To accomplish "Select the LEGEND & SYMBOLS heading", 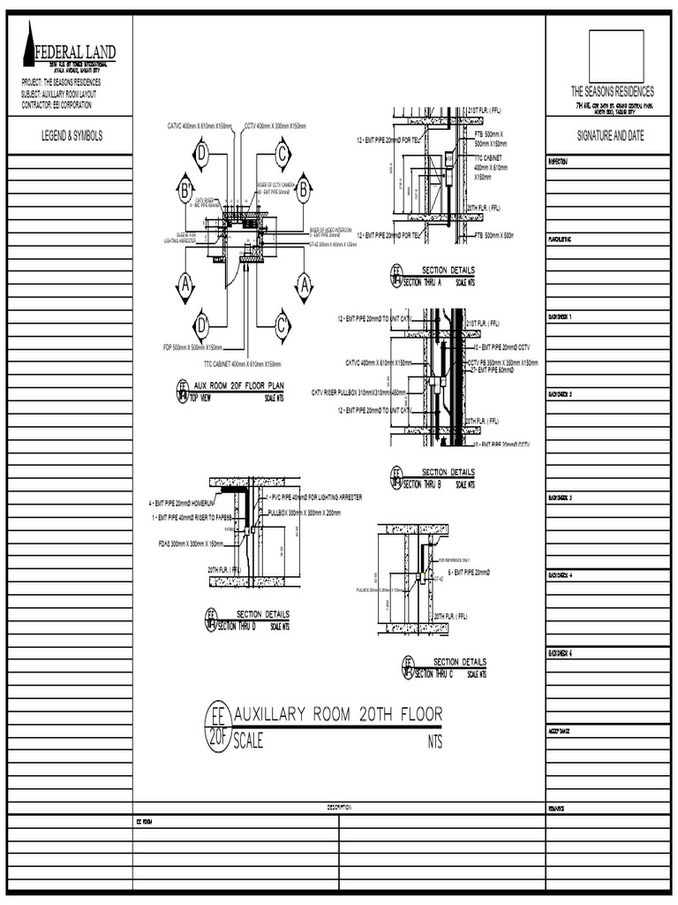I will tap(72, 136).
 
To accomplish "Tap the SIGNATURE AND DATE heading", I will tap(611, 136).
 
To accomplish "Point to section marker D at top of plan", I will tap(201, 156).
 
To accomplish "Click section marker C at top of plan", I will tap(282, 156).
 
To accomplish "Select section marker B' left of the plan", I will tap(185, 189).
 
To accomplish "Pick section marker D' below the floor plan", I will tap(202, 322).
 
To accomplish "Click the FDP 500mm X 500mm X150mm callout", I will tap(192, 347).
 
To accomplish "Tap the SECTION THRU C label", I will tap(427, 673).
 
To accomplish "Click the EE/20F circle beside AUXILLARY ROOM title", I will tap(217, 726).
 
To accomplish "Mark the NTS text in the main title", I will tap(434, 742).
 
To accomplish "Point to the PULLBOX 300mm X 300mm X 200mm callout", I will tap(304, 513).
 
